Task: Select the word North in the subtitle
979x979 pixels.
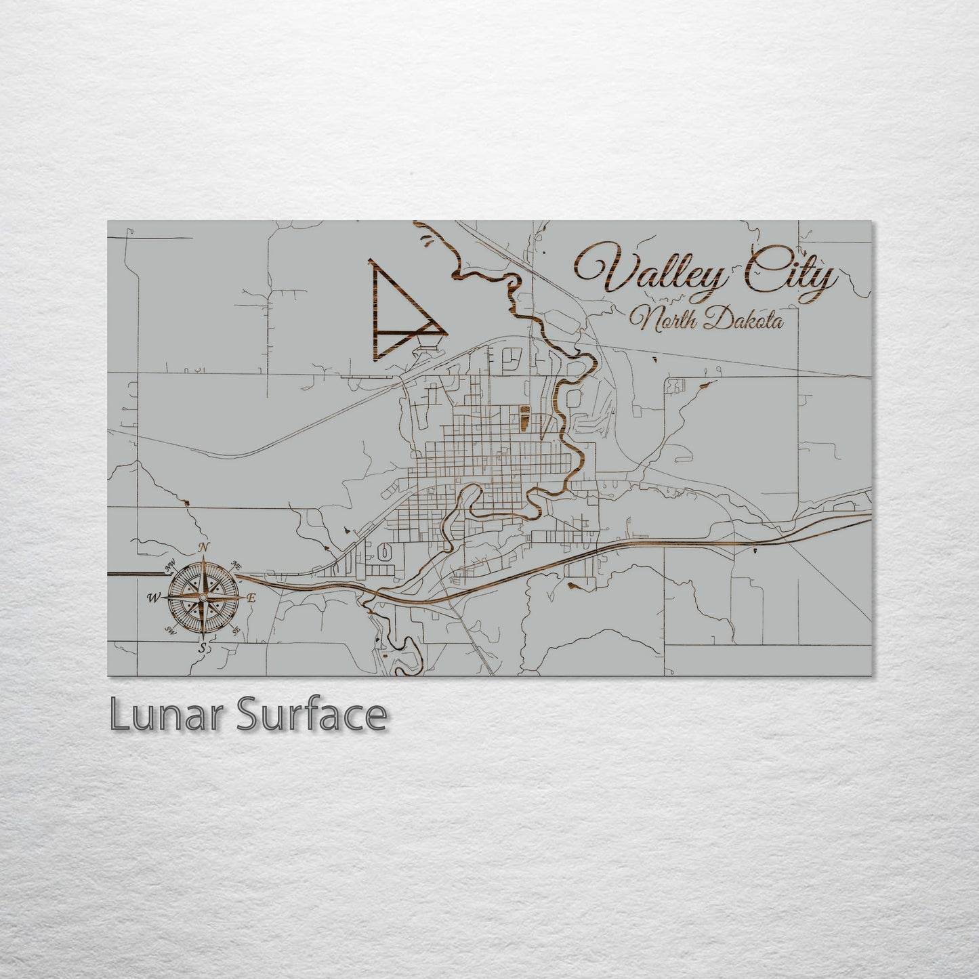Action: tap(663, 320)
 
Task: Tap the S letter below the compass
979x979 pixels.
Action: tap(201, 648)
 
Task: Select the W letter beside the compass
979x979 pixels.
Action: tap(154, 598)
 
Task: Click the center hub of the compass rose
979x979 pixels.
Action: tap(202, 598)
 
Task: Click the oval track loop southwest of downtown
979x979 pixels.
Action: tap(384, 553)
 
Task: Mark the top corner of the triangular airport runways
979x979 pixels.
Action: tap(371, 262)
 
